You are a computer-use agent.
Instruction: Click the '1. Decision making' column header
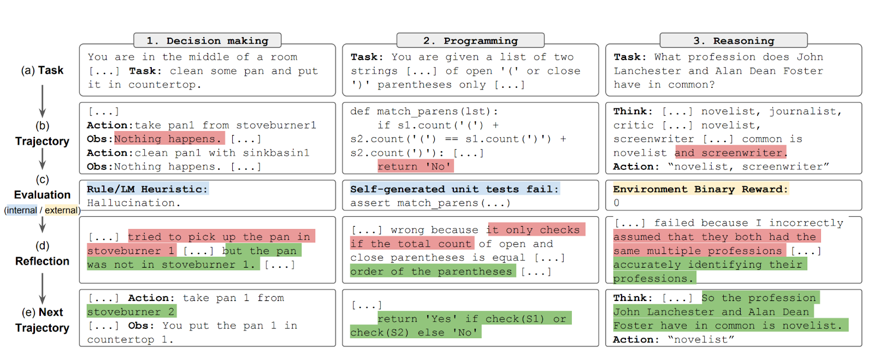tap(207, 40)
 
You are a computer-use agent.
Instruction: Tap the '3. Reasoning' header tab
tap(733, 40)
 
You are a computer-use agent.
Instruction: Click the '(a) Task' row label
tap(42, 70)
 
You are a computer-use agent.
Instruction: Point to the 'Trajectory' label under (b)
tap(42, 141)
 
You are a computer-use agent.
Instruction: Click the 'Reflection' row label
tap(42, 261)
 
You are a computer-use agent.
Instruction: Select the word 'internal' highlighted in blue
tap(21, 210)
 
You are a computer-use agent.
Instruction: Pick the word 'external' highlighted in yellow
tap(61, 210)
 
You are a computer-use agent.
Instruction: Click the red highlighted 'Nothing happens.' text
tap(169, 139)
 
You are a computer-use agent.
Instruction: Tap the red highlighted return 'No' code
tap(415, 166)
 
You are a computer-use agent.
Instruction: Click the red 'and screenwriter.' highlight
tap(730, 152)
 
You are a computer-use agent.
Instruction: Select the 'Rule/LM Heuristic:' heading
tap(147, 189)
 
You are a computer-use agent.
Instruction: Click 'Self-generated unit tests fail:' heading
tap(454, 189)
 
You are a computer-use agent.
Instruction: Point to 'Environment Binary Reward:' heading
tap(700, 189)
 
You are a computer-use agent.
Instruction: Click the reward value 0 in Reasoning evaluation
tap(617, 203)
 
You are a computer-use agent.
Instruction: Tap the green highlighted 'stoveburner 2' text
tap(131, 311)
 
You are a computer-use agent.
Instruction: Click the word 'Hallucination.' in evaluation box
tap(133, 203)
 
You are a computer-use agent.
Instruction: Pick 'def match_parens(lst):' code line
tap(424, 111)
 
